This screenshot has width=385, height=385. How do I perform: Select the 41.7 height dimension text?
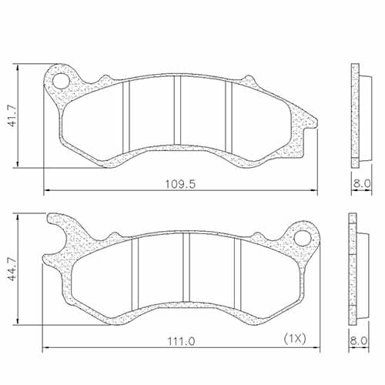[x=11, y=115]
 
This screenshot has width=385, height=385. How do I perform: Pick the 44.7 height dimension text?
[x=11, y=271]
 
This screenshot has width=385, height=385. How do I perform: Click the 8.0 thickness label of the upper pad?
[x=363, y=183]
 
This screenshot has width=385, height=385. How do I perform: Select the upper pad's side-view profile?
[x=355, y=115]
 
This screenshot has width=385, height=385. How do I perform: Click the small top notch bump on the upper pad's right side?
[x=249, y=79]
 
